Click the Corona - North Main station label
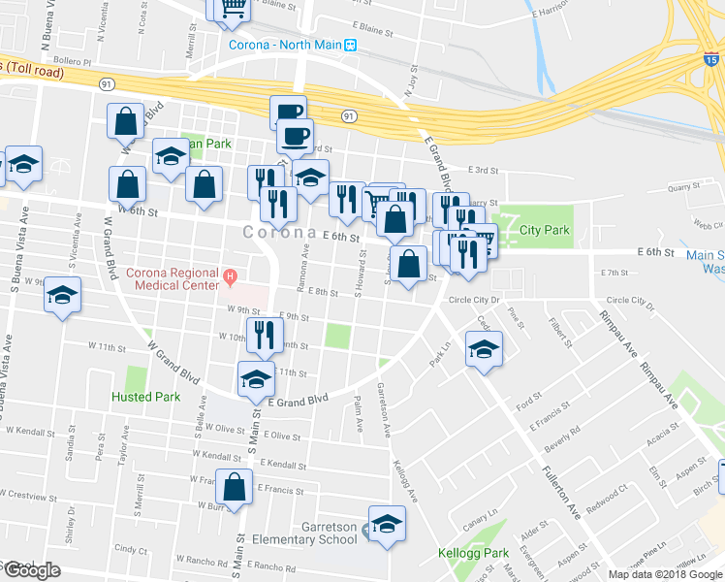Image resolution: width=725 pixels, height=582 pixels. tap(286, 45)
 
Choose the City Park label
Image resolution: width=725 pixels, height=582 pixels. tap(544, 231)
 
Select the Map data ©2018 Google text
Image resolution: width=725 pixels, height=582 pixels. tap(664, 574)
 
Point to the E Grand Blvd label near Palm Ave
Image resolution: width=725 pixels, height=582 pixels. tap(299, 400)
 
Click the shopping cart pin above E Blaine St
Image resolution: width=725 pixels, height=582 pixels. tap(232, 8)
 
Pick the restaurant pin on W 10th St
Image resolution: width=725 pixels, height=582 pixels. tap(259, 336)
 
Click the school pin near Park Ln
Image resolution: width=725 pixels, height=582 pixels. tap(483, 350)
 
